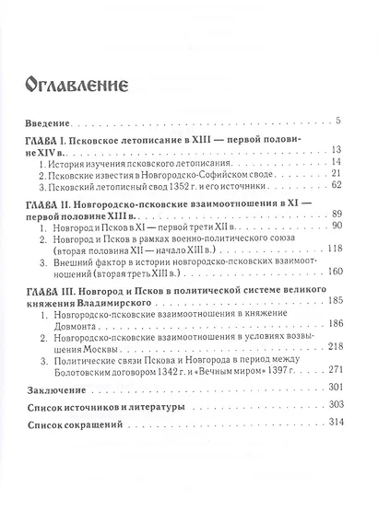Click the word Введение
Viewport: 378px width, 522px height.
pyautogui.click(x=49, y=122)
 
